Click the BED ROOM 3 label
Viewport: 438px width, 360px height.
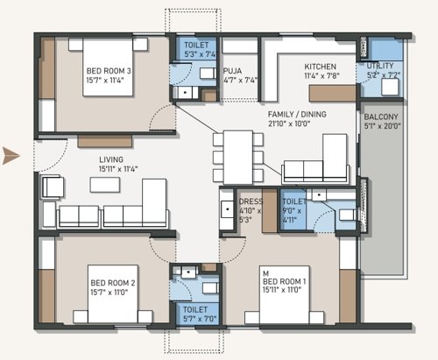pos(108,71)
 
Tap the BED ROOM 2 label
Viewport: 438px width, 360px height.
pos(112,283)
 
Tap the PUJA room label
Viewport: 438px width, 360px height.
pos(232,69)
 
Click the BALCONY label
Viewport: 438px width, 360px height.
pos(381,116)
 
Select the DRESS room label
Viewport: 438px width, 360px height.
pos(250,201)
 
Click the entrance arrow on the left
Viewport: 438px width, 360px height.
pos(11,157)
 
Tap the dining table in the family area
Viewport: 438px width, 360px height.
pos(237,157)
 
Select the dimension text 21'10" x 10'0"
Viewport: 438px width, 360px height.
pos(303,124)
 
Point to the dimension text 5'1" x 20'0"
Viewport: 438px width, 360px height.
pos(381,126)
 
